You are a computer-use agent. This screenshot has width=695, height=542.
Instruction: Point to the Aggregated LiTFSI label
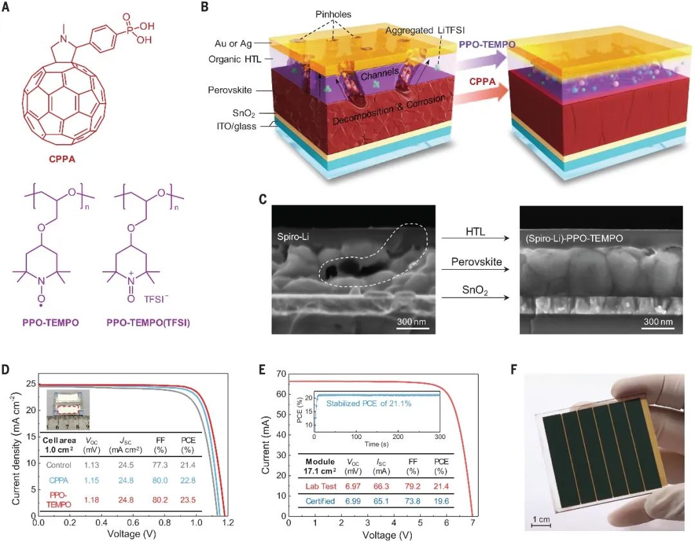(x=421, y=30)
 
